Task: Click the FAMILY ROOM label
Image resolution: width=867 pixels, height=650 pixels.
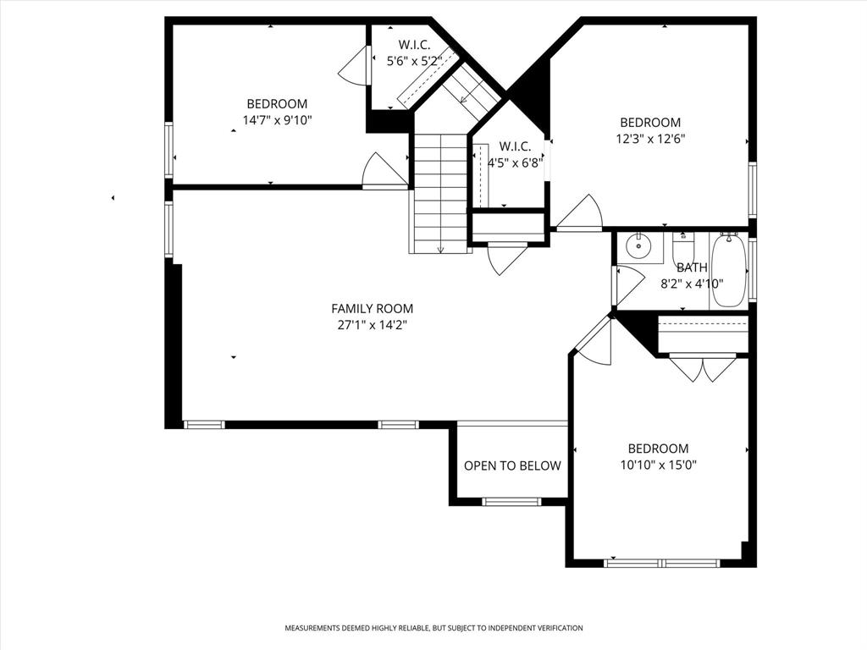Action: [372, 309]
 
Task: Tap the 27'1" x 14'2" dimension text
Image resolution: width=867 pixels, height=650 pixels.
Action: [372, 324]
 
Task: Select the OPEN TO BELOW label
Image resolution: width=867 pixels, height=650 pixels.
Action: [512, 465]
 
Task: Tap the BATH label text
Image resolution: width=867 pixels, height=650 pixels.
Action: [692, 268]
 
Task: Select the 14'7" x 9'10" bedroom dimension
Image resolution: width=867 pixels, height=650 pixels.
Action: [278, 120]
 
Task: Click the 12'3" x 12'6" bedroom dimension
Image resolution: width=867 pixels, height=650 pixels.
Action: [650, 138]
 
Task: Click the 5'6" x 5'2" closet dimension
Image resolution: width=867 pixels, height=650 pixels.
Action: [414, 61]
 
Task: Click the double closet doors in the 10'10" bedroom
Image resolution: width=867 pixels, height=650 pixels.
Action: [703, 369]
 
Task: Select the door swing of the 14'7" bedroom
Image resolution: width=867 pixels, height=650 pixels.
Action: [383, 171]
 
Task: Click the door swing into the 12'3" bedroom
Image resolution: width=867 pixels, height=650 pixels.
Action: [582, 212]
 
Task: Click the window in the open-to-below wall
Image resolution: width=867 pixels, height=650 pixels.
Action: [511, 502]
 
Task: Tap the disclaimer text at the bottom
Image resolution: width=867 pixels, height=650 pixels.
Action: [433, 628]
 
